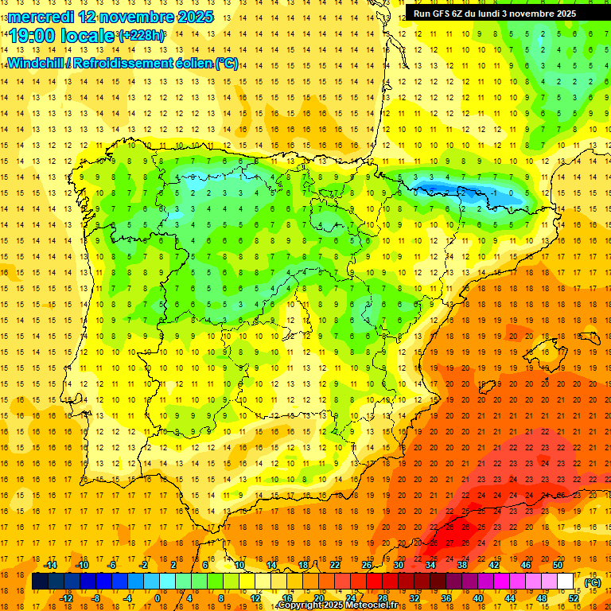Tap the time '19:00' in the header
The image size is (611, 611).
pos(32,36)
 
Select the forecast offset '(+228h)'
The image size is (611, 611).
pos(142,36)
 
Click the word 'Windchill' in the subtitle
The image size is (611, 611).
pos(35,63)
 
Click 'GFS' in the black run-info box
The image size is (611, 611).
pos(446,14)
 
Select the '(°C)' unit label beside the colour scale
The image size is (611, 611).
pos(592,582)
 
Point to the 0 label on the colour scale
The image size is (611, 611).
pos(157,598)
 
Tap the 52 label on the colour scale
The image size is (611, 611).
pos(574,598)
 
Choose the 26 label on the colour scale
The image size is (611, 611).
pos(367,565)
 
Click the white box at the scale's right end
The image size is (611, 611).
pos(566,582)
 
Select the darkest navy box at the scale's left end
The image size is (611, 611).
pos(40,582)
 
